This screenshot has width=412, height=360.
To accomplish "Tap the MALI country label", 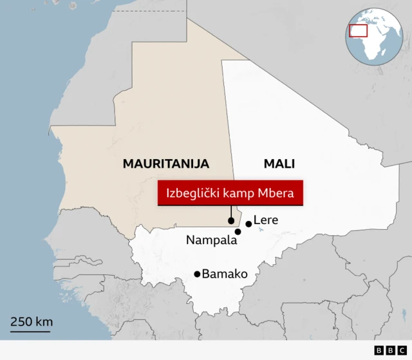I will tap(279, 164).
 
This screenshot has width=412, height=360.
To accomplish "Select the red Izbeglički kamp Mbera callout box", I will tap(230, 193).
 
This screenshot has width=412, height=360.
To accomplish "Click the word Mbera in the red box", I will tap(276, 193).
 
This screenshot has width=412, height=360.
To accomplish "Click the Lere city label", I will tap(266, 220).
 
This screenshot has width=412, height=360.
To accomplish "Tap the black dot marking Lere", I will tap(248, 223).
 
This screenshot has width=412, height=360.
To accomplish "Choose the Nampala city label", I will tap(212, 240).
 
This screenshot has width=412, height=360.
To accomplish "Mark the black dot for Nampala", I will tap(238, 232).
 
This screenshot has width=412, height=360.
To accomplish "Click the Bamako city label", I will tap(225, 274).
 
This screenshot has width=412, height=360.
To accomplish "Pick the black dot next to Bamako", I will tap(197, 274).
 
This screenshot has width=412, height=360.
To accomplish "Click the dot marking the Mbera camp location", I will tap(231, 221).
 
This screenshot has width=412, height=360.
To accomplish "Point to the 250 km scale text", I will tap(31, 321).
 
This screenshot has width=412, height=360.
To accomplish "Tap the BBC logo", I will tap(387, 350).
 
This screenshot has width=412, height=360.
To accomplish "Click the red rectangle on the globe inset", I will tap(358, 30).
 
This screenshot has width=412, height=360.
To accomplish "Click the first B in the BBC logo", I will tap(378, 350).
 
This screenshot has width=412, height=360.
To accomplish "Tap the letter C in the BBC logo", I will tap(396, 350).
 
